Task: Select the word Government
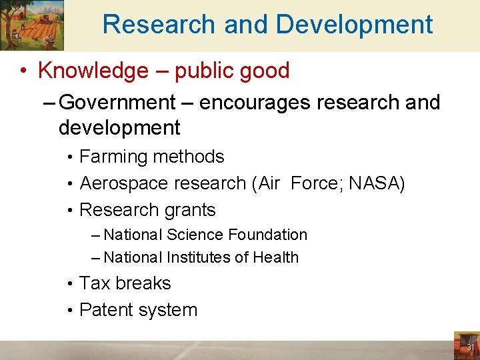pyautogui.click(x=117, y=103)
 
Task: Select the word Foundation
pyautogui.click(x=267, y=235)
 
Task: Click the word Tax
pyautogui.click(x=95, y=283)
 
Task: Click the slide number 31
pyautogui.click(x=470, y=347)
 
